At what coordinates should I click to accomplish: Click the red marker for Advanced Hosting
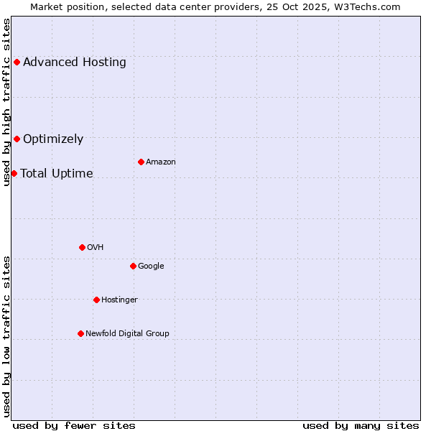(x=17, y=62)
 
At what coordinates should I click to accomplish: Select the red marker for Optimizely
(x=17, y=139)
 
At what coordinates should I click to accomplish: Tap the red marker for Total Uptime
(x=14, y=173)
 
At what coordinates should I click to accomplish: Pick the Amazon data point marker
(x=141, y=162)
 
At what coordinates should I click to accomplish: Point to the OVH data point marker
(x=82, y=247)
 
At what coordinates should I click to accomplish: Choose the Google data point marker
(x=133, y=266)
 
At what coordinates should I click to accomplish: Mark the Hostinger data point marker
(x=96, y=300)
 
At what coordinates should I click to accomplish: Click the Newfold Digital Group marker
(x=80, y=333)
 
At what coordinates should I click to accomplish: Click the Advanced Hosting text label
(x=75, y=62)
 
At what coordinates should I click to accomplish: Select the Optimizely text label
(x=53, y=139)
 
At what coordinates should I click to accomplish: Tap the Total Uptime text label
(x=57, y=173)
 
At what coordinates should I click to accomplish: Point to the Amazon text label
(x=161, y=162)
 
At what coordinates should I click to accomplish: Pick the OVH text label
(x=96, y=247)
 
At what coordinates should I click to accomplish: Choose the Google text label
(x=151, y=266)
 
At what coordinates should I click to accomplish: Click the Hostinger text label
(x=119, y=300)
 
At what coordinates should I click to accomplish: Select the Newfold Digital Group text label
(x=127, y=333)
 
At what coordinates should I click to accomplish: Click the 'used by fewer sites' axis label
(x=74, y=425)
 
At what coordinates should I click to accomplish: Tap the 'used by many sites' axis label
(x=361, y=425)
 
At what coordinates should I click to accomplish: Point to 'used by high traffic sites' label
(x=6, y=102)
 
